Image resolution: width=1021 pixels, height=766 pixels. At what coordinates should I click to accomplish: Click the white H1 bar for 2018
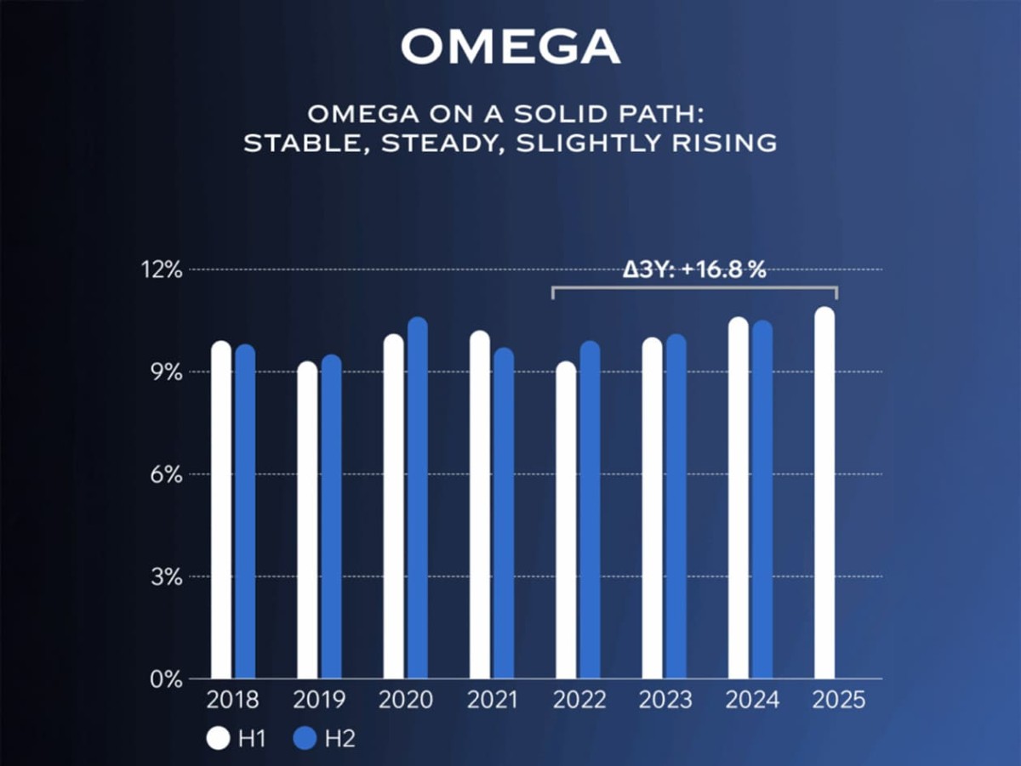pos(221,510)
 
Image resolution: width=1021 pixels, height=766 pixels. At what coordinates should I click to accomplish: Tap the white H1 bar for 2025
pos(824,493)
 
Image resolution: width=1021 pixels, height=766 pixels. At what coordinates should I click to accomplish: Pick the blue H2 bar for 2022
pos(590,510)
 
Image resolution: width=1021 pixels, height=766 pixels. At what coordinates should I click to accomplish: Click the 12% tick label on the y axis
pos(163,270)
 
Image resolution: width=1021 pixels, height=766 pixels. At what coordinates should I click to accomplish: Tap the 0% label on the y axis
pos(166,679)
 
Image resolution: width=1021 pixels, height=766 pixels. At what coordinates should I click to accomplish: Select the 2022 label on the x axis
pos(579,701)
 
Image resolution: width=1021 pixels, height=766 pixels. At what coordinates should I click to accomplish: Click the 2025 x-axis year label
pos(838,701)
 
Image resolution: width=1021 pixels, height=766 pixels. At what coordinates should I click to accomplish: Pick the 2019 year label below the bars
pos(319,701)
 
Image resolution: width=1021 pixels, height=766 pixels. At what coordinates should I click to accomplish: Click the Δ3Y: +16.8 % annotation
pos(694,271)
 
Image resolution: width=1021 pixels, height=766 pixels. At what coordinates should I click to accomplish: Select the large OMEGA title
pos(510,48)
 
